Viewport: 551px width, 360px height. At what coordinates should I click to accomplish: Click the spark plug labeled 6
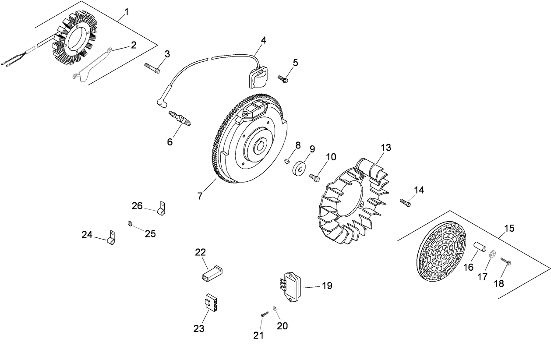point(180,118)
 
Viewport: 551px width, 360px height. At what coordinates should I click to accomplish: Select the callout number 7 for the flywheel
point(200,196)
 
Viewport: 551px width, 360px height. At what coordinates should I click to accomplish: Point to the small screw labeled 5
point(283,79)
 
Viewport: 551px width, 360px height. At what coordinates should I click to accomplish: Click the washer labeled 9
point(299,168)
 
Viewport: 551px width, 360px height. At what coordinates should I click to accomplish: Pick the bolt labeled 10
point(314,177)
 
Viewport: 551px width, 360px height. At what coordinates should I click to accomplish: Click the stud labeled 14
point(405,202)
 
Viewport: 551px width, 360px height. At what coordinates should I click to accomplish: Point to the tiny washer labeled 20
point(274,309)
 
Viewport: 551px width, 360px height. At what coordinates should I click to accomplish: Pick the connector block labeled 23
point(211,302)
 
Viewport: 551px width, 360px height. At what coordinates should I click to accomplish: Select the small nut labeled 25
point(130,224)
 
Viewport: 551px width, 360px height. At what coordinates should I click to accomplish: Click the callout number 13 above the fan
point(385,148)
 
